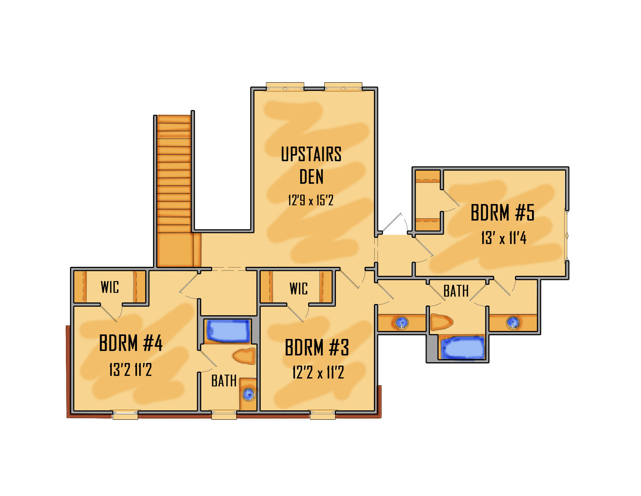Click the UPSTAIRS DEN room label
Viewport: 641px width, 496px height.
[311, 165]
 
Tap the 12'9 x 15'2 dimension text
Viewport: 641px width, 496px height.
[311, 200]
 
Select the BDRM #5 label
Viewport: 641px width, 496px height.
[503, 213]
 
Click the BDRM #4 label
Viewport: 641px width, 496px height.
[131, 343]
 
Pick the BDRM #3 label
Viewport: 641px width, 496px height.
[317, 347]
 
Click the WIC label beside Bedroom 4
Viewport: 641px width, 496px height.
[110, 287]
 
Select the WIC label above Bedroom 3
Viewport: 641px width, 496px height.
[299, 289]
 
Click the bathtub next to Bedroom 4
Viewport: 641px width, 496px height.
[228, 331]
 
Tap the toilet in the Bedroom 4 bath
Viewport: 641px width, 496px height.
[245, 356]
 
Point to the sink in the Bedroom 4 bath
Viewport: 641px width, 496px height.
[249, 395]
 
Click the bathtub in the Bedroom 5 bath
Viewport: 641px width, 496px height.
[462, 348]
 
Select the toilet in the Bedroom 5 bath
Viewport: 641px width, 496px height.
[442, 322]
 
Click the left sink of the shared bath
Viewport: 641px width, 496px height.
[402, 323]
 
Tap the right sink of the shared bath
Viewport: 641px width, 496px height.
[513, 323]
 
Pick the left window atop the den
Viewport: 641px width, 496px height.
[285, 86]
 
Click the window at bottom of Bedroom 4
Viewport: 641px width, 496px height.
[125, 414]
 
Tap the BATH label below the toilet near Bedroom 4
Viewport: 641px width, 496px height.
[224, 381]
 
